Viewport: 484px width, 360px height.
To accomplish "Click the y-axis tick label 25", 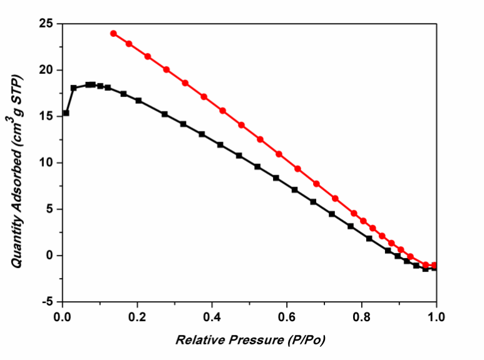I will pyautogui.click(x=46, y=24).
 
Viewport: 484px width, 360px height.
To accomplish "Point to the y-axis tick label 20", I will pyautogui.click(x=46, y=70).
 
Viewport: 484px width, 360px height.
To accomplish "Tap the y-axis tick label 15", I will pyautogui.click(x=46, y=116).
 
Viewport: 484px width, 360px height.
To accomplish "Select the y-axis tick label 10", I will pyautogui.click(x=46, y=163).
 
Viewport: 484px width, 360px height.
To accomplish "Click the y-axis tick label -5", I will pyautogui.click(x=48, y=302).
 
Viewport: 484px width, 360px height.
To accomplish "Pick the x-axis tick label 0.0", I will pyautogui.click(x=62, y=316).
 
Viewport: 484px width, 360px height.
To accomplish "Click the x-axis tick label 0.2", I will pyautogui.click(x=137, y=316).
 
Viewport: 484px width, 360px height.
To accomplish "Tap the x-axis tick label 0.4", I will pyautogui.click(x=212, y=316).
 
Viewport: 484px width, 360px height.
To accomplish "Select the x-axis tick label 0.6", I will pyautogui.click(x=287, y=316).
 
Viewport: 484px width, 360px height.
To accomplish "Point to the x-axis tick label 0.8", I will pyautogui.click(x=361, y=316).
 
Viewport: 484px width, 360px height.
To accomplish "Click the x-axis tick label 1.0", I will pyautogui.click(x=436, y=316).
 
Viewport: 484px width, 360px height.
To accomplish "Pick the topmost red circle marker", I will pyautogui.click(x=113, y=33).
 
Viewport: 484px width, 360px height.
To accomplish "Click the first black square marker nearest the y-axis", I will pyautogui.click(x=66, y=113).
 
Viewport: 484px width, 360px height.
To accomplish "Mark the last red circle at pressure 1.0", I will pyautogui.click(x=435, y=265).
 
